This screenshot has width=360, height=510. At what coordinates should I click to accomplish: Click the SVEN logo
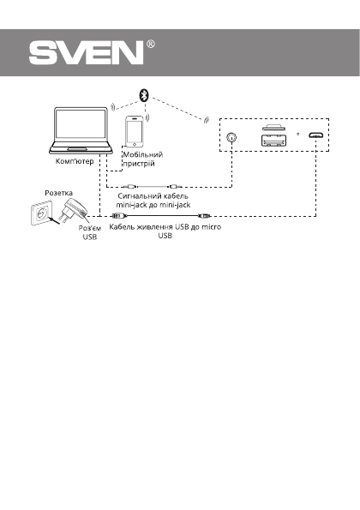pos(86,53)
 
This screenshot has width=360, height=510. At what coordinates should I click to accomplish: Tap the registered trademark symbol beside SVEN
pos(151,43)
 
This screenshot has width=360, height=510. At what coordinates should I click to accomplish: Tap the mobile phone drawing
pos(135,131)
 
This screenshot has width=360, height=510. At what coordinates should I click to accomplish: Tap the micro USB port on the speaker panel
pos(316,135)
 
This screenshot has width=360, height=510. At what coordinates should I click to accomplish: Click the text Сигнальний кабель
pos(152,196)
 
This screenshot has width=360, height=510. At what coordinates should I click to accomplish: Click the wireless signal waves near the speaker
pos(204,119)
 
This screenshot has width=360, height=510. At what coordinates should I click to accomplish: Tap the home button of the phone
pos(135,143)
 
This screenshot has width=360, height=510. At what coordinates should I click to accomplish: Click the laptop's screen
pos(81,125)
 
